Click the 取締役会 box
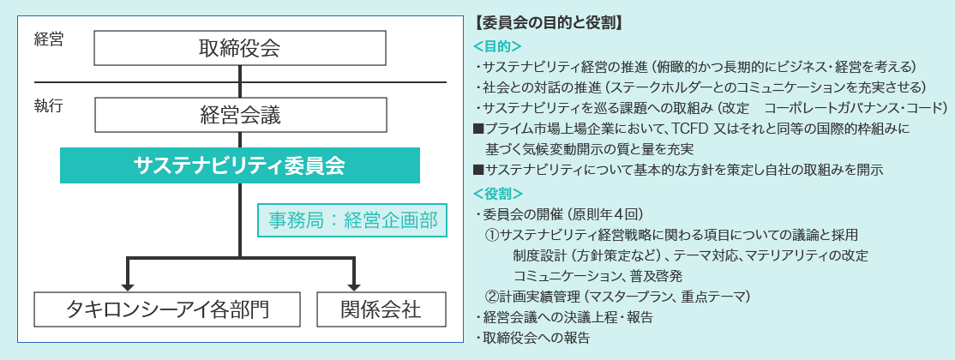tap(240, 47)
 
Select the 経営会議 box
tap(240, 115)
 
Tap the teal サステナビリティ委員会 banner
tap(240, 165)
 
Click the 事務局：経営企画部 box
tap(352, 220)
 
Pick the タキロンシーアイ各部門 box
tap(167, 309)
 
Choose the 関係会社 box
tap(381, 309)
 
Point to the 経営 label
tap(49, 41)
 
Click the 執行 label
tap(49, 106)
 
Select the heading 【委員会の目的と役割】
tap(547, 24)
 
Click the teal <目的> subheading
tap(497, 46)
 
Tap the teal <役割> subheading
tap(497, 194)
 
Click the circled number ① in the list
tap(492, 235)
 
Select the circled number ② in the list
tap(492, 297)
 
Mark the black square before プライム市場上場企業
tap(478, 129)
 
